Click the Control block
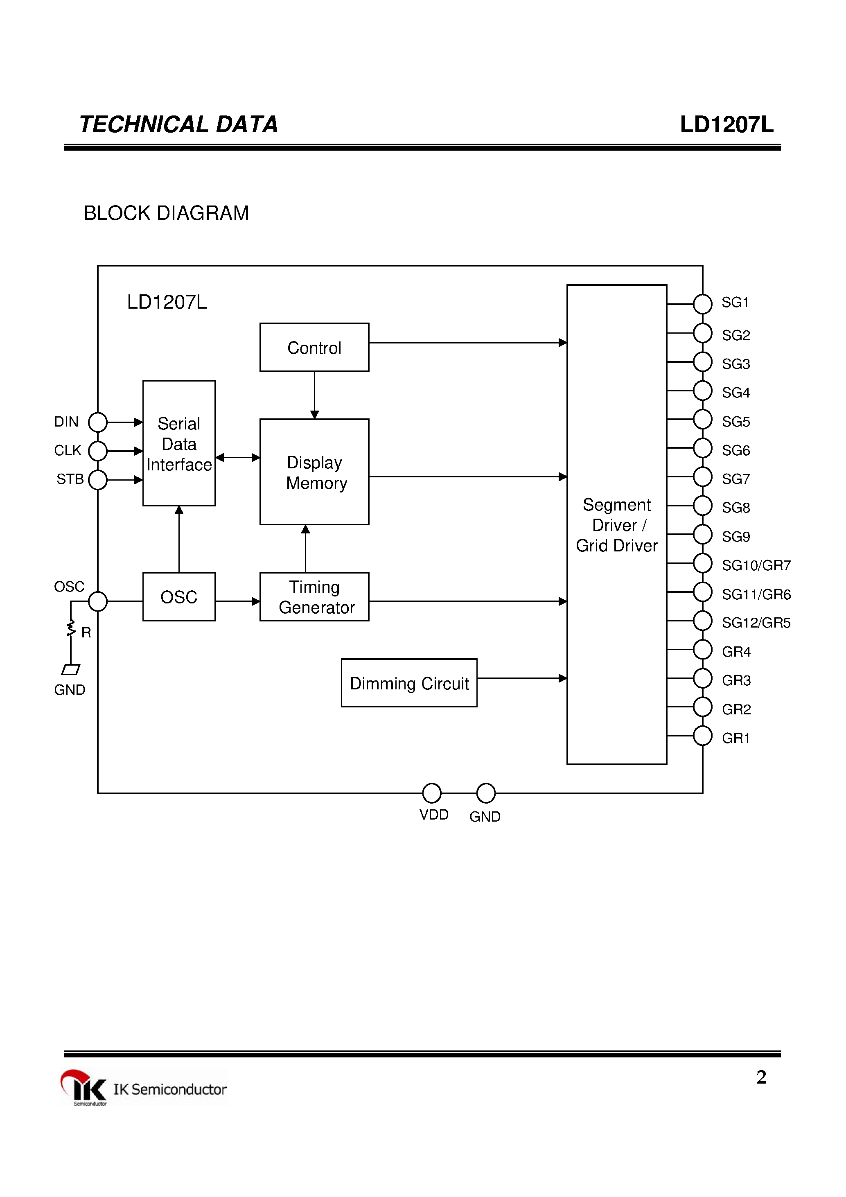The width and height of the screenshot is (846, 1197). (314, 347)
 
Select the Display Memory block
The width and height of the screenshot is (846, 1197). (314, 472)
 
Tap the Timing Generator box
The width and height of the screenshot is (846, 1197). (314, 596)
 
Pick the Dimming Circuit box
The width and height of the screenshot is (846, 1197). (409, 683)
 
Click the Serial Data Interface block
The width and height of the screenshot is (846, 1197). (179, 443)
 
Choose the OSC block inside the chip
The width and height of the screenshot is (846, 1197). (179, 596)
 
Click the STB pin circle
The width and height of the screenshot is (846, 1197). (97, 480)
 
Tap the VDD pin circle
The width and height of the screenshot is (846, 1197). (432, 793)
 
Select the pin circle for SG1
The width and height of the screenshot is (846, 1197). (703, 304)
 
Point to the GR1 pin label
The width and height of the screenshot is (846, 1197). (735, 738)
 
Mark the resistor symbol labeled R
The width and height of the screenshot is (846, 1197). (71, 629)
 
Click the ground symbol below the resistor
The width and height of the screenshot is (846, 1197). (71, 669)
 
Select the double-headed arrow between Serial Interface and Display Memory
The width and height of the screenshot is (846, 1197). (238, 458)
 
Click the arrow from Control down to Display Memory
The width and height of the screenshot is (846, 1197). (314, 395)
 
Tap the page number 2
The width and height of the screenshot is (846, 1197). (761, 1077)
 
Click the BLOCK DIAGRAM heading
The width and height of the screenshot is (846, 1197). (166, 213)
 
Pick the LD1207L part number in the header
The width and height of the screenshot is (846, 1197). (726, 124)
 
